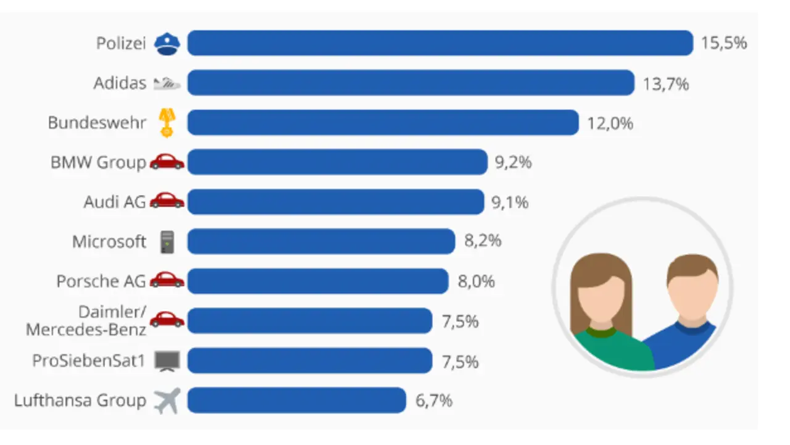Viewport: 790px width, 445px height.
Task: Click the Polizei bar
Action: pyautogui.click(x=440, y=43)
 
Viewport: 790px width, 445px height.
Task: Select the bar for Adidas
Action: pyautogui.click(x=410, y=83)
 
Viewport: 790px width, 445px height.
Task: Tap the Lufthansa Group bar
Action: pyautogui.click(x=296, y=401)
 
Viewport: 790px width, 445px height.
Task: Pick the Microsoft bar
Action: pyautogui.click(x=321, y=241)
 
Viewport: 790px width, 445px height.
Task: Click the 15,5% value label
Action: pyautogui.click(x=724, y=43)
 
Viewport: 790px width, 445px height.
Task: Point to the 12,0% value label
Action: pyautogui.click(x=610, y=123)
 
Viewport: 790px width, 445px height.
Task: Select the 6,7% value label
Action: pyautogui.click(x=434, y=401)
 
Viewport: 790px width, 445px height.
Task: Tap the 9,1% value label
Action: pyautogui.click(x=510, y=202)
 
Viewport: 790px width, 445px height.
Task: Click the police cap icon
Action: pyautogui.click(x=167, y=44)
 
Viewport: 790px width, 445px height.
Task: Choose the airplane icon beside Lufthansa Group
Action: pyautogui.click(x=167, y=401)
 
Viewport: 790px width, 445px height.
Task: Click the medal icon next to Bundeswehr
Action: pyautogui.click(x=167, y=123)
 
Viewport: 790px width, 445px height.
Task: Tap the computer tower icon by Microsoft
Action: pyautogui.click(x=167, y=241)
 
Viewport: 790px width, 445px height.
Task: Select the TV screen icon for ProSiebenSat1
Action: pyautogui.click(x=167, y=360)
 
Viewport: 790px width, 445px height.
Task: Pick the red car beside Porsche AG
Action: pyautogui.click(x=167, y=281)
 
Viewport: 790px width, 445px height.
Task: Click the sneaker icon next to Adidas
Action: pyautogui.click(x=167, y=83)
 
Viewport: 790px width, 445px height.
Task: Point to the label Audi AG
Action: pyautogui.click(x=115, y=202)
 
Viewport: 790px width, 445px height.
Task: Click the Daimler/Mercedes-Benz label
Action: pyautogui.click(x=86, y=321)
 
